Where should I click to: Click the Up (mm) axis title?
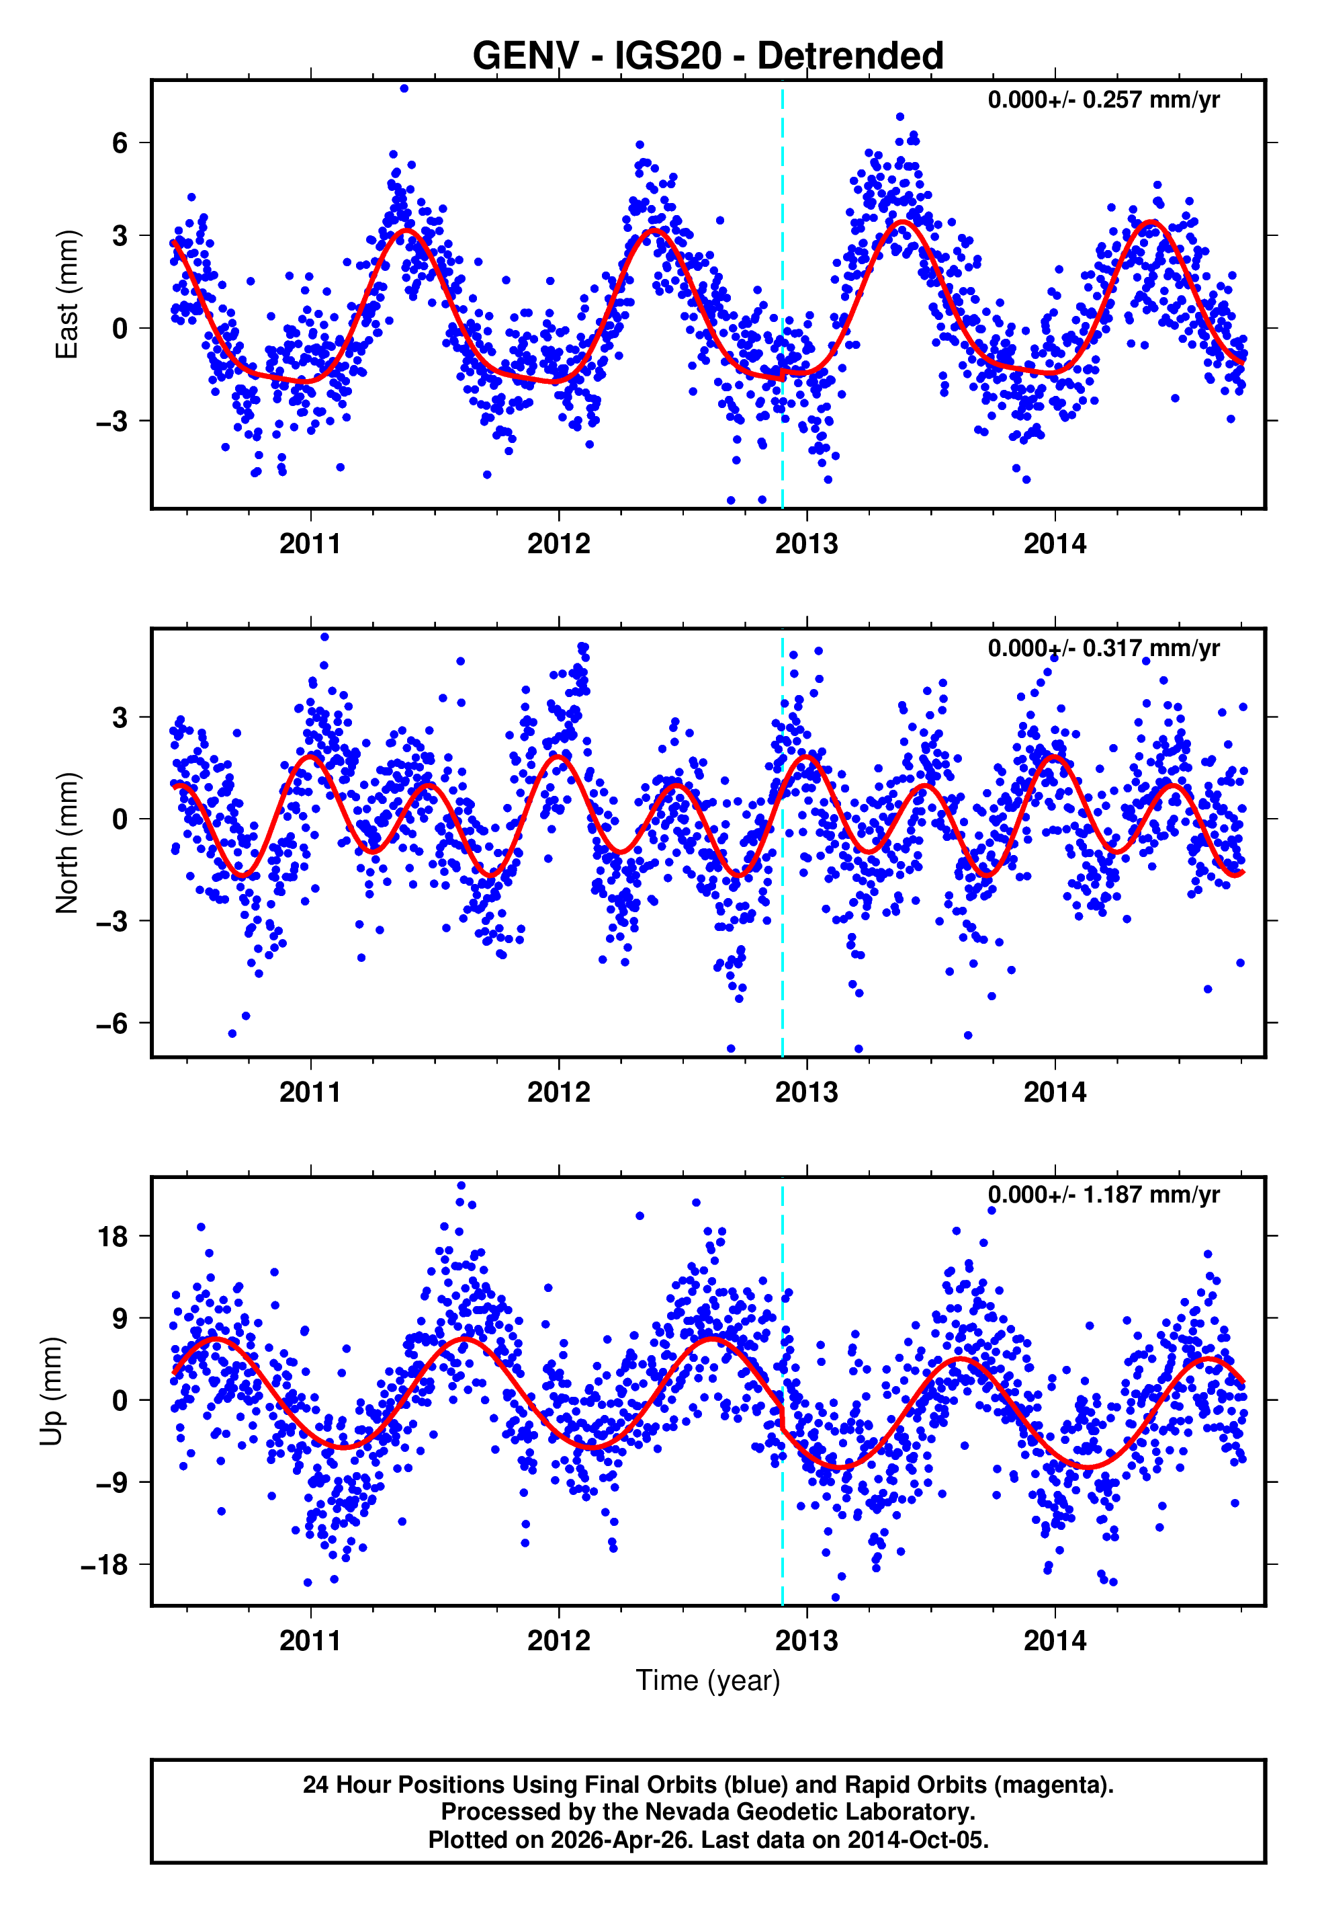point(51,1391)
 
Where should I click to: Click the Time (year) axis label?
point(708,1680)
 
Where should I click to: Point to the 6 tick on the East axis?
point(120,143)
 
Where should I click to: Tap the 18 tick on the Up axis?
point(112,1237)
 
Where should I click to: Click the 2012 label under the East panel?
point(559,544)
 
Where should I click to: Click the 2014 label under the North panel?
point(1055,1092)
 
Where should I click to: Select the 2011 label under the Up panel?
point(310,1641)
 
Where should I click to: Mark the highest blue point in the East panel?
point(404,88)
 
